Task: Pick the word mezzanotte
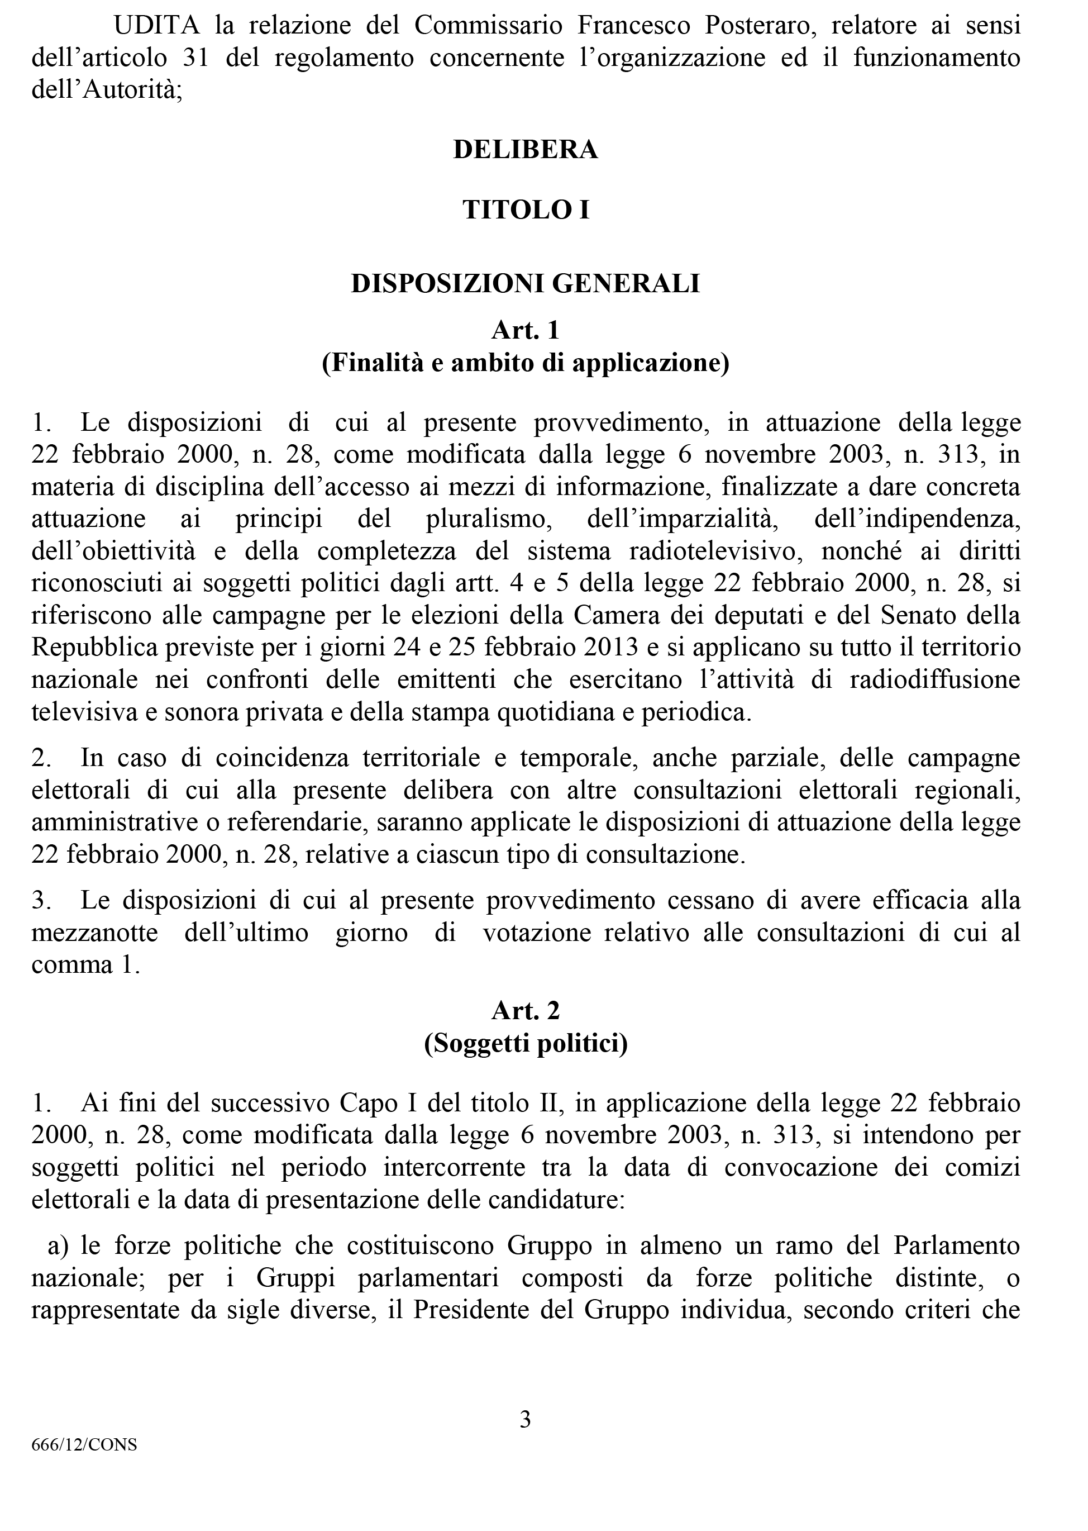pos(95,934)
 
